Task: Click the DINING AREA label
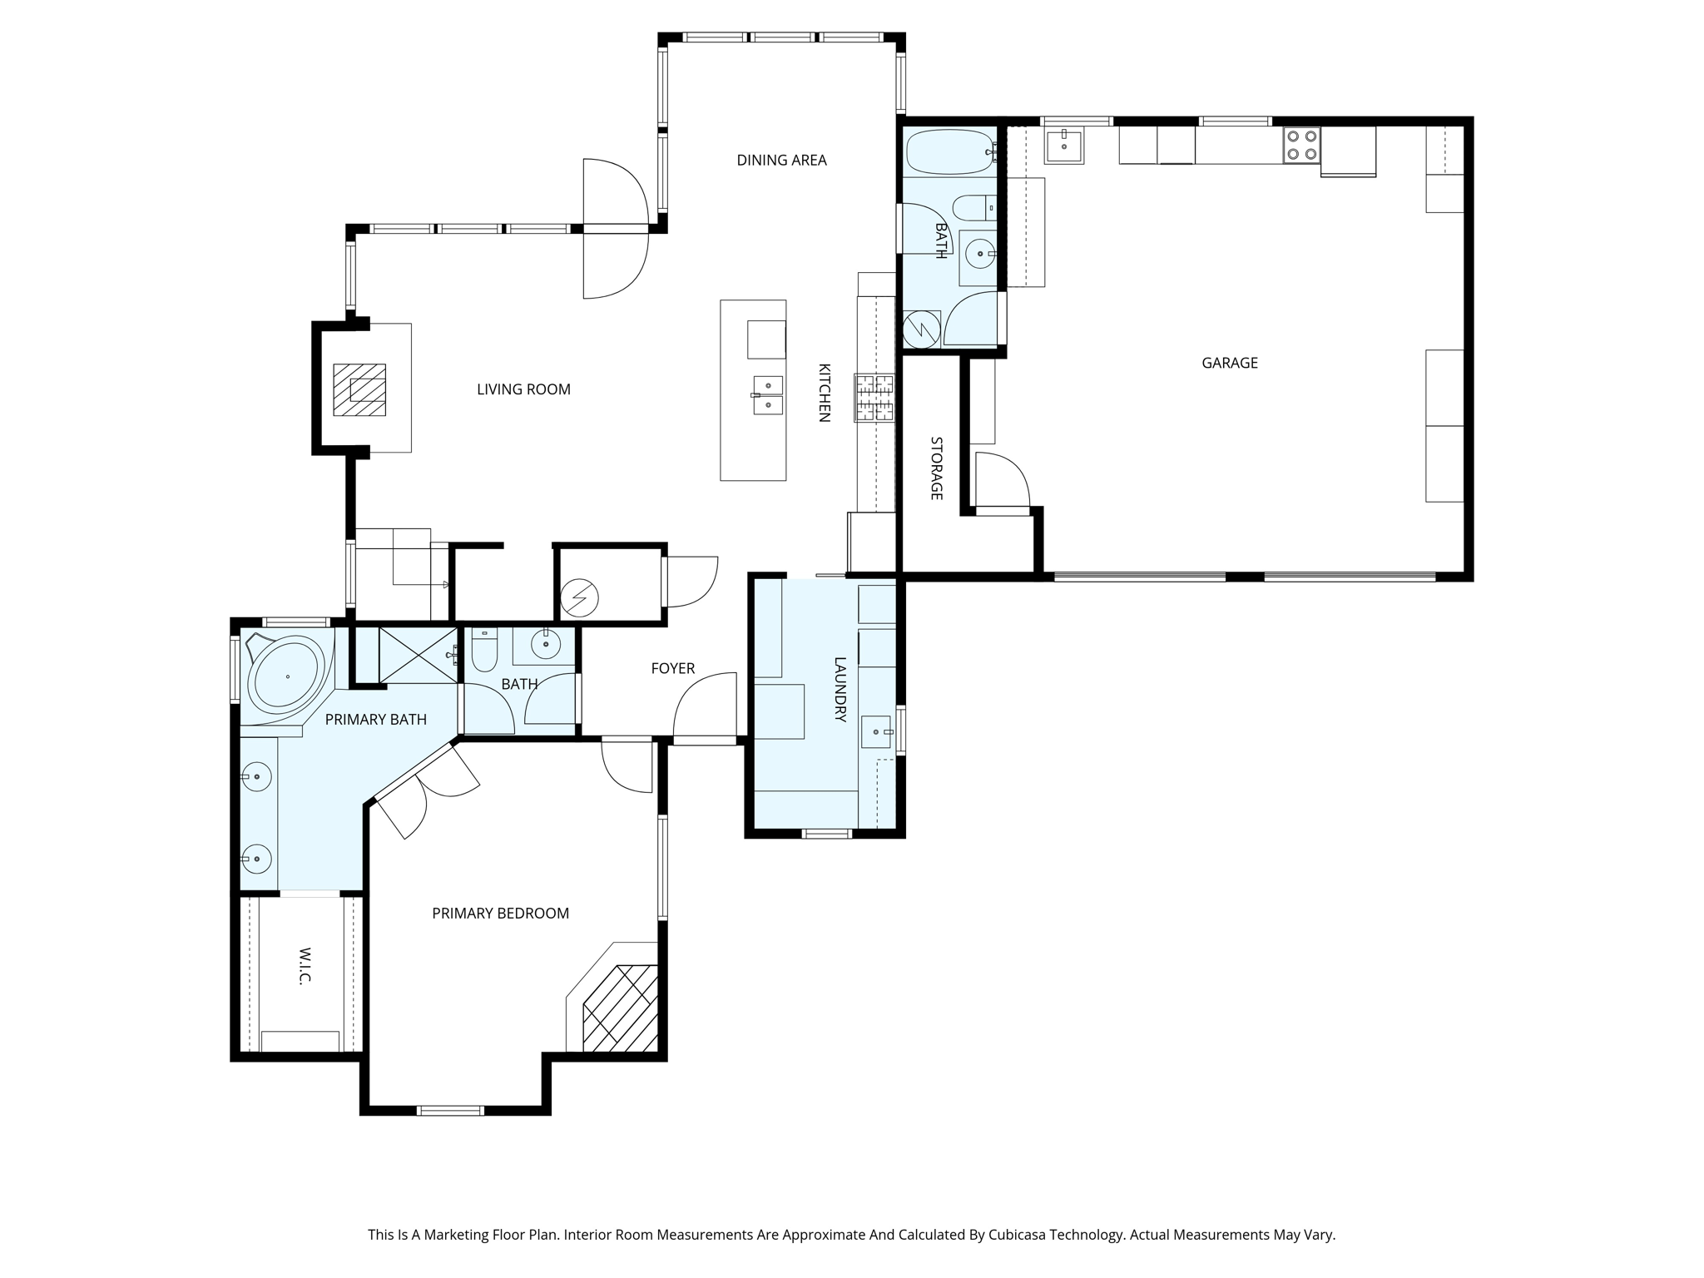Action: click(781, 160)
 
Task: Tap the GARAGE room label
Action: click(1229, 363)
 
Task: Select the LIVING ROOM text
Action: click(523, 389)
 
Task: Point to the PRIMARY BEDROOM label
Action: click(500, 914)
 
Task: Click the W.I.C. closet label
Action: click(305, 966)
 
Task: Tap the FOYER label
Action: click(672, 668)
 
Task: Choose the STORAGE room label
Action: click(936, 468)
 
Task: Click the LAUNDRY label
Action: click(840, 690)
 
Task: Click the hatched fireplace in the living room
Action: click(359, 389)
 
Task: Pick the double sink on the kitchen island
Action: click(767, 394)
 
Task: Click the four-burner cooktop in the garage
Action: click(1301, 145)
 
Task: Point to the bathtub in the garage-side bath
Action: click(949, 151)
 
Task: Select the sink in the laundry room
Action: click(876, 731)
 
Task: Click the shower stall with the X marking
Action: click(419, 655)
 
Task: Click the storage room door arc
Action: click(1002, 480)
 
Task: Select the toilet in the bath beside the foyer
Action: click(483, 651)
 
